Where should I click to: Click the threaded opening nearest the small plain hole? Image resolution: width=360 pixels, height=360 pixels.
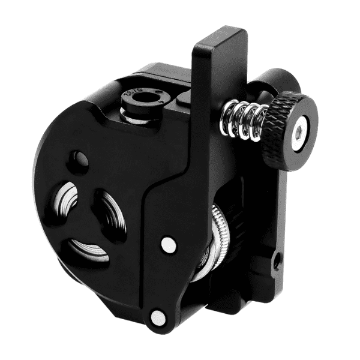pos(66,201)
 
